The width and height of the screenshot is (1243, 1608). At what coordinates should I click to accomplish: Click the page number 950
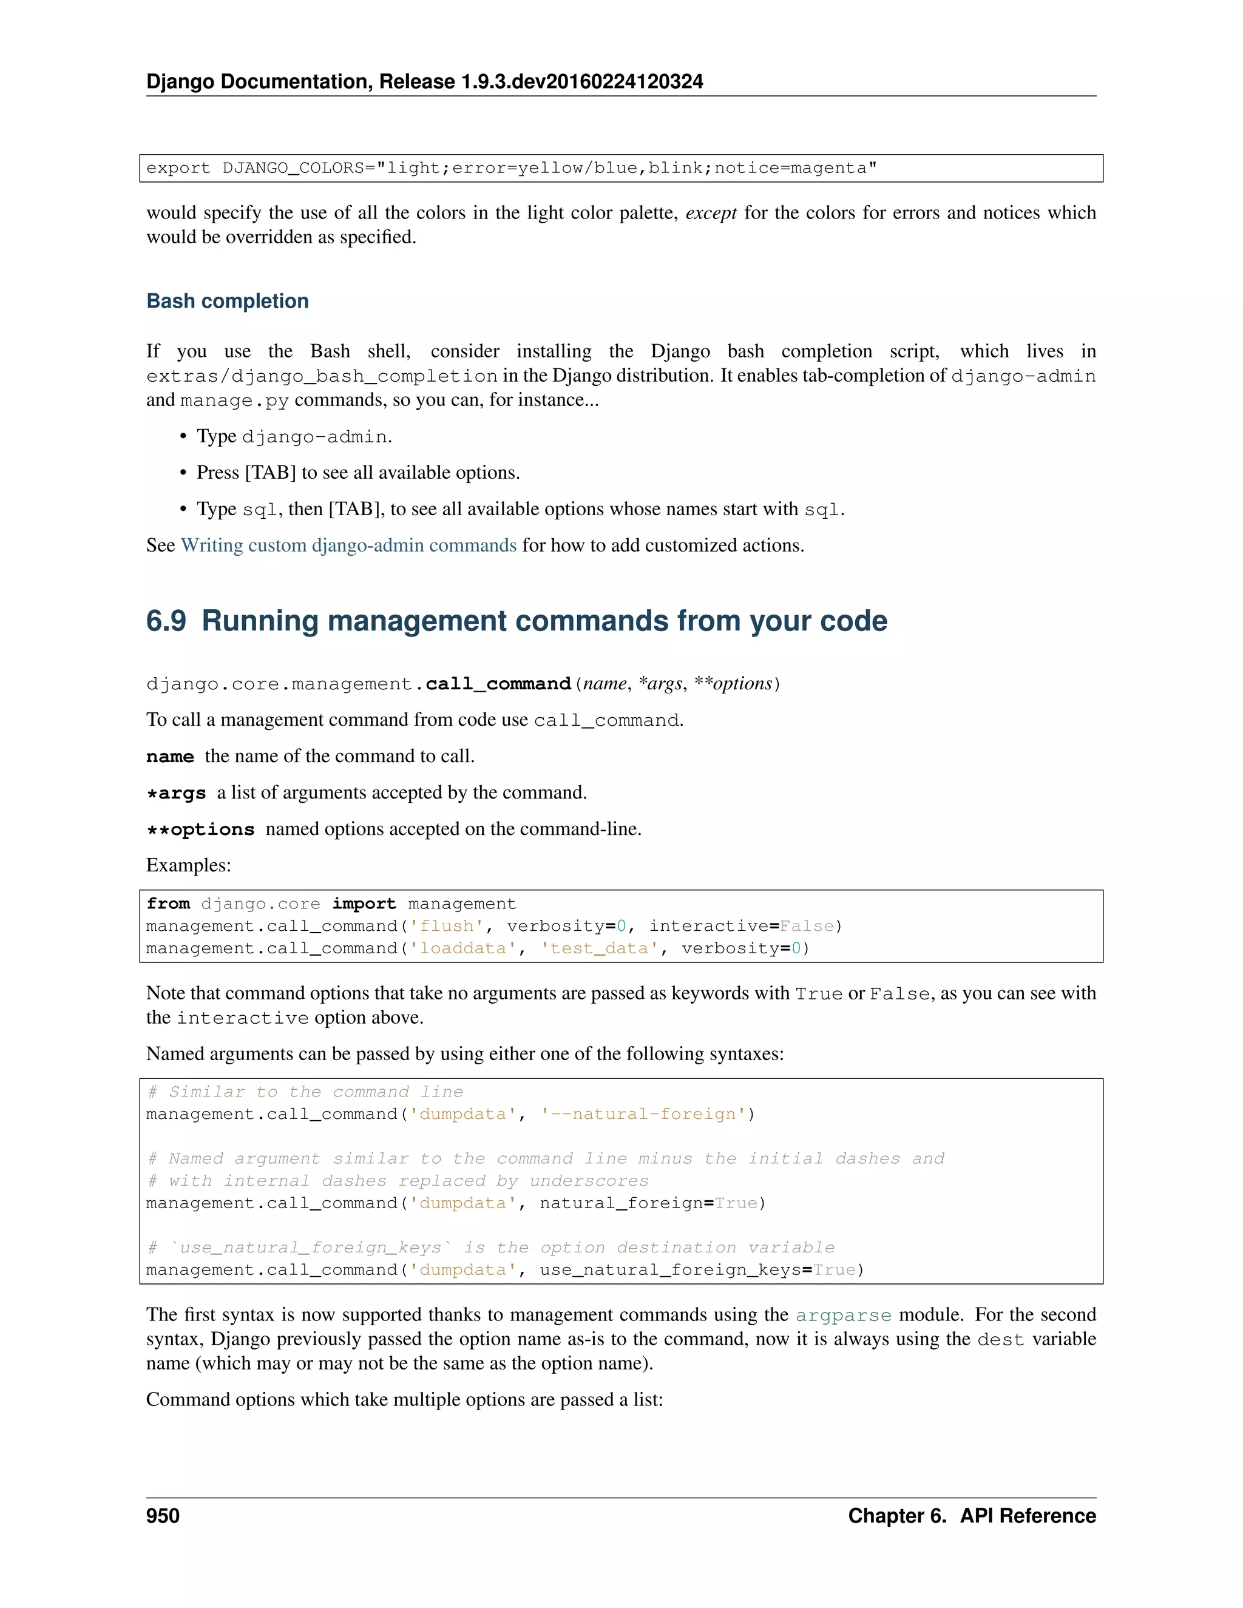point(163,1515)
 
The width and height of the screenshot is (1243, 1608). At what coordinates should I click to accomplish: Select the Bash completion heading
point(228,301)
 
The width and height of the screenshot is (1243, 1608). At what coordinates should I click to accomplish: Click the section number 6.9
point(166,621)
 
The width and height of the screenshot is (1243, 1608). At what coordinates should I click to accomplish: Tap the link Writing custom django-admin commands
point(348,546)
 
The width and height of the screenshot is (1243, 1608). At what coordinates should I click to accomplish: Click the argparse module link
point(843,1315)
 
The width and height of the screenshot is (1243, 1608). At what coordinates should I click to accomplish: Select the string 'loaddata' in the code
point(462,948)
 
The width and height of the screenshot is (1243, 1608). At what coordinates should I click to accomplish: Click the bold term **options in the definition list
point(200,829)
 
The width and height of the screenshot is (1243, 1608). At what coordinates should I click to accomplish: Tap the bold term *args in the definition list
point(176,793)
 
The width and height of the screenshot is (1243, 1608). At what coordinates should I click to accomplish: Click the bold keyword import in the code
point(364,904)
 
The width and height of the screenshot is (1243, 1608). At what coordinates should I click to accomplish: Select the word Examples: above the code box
point(189,865)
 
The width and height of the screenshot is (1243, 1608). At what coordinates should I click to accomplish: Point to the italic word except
point(711,213)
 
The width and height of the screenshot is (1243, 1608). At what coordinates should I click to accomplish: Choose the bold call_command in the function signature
point(498,684)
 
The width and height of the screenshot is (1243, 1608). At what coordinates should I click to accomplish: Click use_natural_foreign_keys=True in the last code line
point(697,1270)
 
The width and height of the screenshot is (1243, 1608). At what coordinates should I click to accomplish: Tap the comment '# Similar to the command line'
point(305,1092)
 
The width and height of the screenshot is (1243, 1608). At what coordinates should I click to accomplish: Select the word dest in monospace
point(1001,1340)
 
